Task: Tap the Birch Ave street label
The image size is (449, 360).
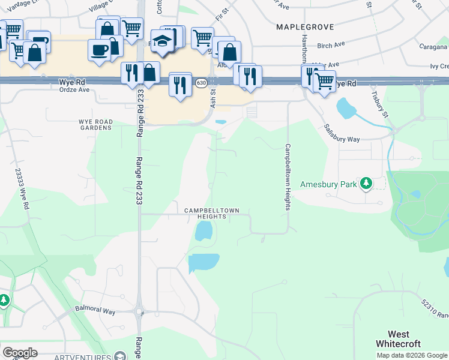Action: click(331, 45)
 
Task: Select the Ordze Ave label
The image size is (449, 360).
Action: click(74, 90)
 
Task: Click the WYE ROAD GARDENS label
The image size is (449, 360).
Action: click(95, 124)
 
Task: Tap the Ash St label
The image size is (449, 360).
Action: click(213, 98)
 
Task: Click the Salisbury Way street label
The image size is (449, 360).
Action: click(342, 133)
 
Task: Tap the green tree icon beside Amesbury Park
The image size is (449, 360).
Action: click(366, 184)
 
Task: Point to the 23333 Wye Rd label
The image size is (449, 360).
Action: click(21, 188)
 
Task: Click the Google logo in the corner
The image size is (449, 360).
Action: click(20, 353)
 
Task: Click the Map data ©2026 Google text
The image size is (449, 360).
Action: click(412, 355)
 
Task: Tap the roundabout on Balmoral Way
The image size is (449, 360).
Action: click(140, 312)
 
